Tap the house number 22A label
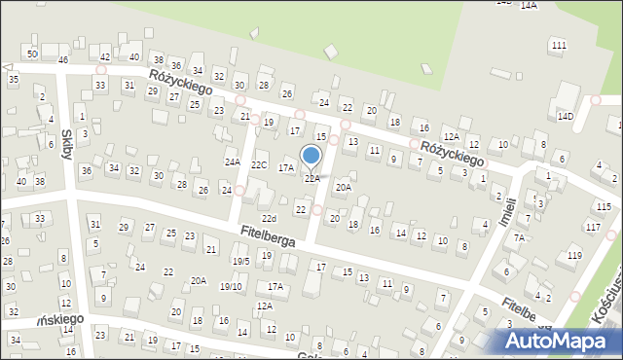(x=311, y=179)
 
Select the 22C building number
(x=258, y=164)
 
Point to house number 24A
(x=232, y=162)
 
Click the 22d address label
(x=269, y=218)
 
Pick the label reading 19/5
(x=240, y=261)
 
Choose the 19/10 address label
(x=231, y=286)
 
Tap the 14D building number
(x=566, y=117)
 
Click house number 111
(x=558, y=46)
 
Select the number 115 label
(x=605, y=207)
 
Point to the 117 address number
(x=594, y=227)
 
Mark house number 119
(x=574, y=255)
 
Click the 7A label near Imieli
(x=519, y=237)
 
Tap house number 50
(x=32, y=54)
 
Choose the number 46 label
(x=62, y=60)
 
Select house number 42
(x=105, y=56)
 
